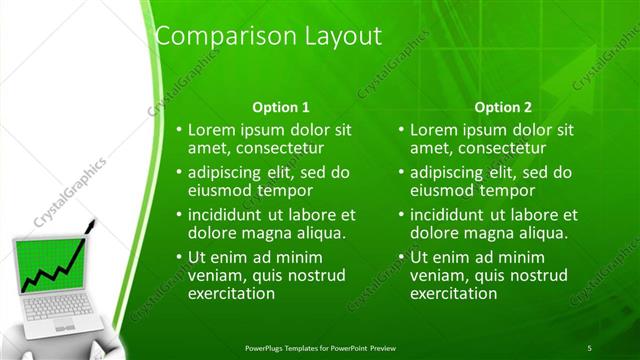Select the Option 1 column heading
[x=279, y=107]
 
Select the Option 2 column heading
[x=503, y=107]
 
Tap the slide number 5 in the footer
[x=589, y=347]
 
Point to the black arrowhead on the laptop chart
[x=93, y=221]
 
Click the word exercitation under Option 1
[x=231, y=294]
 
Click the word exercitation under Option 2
[x=454, y=294]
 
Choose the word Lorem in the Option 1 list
[x=210, y=129]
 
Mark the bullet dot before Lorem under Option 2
[x=401, y=130]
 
